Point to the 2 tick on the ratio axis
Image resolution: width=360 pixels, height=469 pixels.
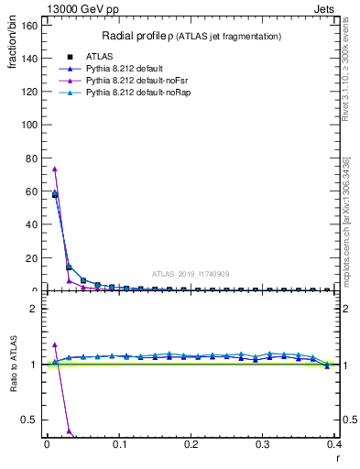(36, 309)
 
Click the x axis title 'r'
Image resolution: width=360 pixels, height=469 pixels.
(337, 457)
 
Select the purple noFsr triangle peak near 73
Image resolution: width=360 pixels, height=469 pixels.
(55, 169)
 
